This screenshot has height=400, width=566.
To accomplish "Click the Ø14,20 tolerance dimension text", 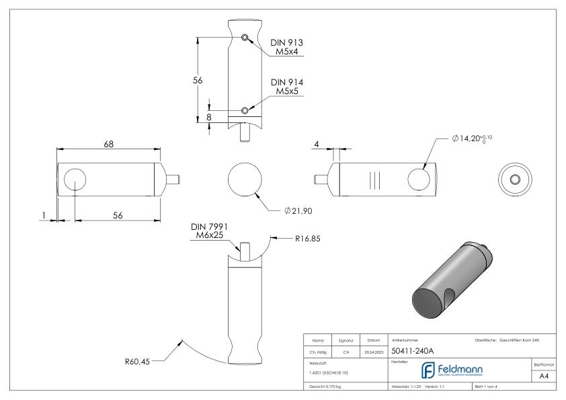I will (x=478, y=138).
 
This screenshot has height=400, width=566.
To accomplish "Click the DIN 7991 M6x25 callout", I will (x=208, y=231).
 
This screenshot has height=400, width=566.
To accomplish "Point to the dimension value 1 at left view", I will (x=44, y=216).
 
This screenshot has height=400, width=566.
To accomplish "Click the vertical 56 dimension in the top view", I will (x=198, y=79).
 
